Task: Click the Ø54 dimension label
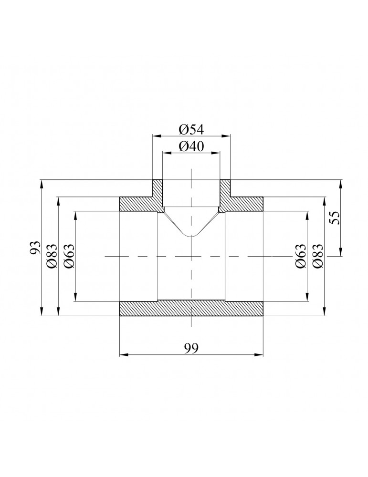click(191, 129)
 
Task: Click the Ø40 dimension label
click(191, 146)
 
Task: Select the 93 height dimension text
click(35, 248)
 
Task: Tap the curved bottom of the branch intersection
click(191, 235)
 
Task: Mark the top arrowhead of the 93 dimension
click(42, 182)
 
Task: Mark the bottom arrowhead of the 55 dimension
click(341, 254)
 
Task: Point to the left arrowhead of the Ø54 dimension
click(154, 136)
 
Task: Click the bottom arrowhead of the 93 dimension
click(42, 313)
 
